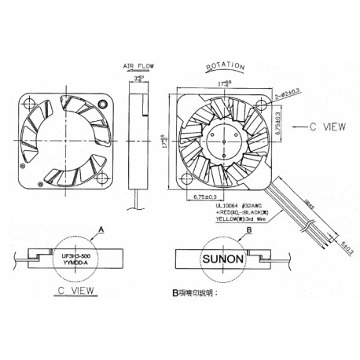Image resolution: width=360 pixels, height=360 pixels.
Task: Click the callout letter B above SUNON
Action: pyautogui.click(x=248, y=230)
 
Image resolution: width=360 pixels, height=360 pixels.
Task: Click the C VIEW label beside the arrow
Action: pyautogui.click(x=324, y=124)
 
